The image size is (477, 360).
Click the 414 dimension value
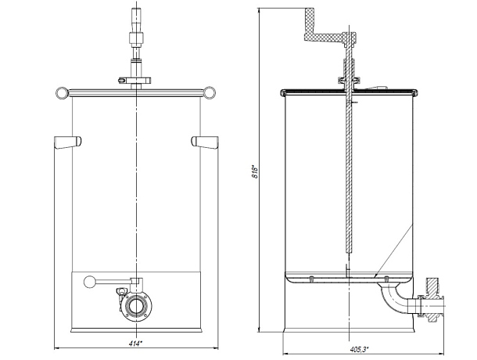(x=135, y=344)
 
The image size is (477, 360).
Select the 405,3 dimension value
(x=359, y=349)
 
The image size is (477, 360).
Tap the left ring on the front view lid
(x=63, y=92)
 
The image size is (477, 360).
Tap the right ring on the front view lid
(x=210, y=92)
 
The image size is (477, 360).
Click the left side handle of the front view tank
(x=67, y=142)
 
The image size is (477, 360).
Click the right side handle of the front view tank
(x=205, y=142)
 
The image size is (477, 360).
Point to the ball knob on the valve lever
(x=89, y=282)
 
